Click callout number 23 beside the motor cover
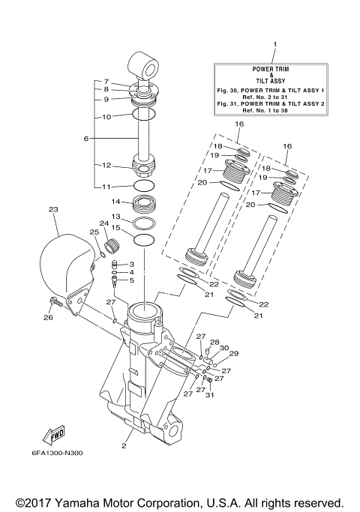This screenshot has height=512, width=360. coord(52,210)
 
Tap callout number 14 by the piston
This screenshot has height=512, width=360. coord(115,202)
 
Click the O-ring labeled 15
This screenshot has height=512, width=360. coord(143,240)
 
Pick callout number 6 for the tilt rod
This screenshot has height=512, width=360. coord(86,139)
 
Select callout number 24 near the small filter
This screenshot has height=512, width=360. coord(103,223)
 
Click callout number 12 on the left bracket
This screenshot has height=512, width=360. coord(106,166)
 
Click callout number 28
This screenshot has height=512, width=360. coord(214,342)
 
